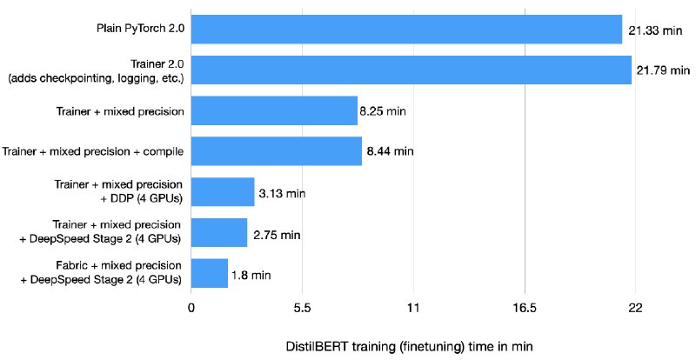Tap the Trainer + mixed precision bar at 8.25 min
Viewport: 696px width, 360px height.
pyautogui.click(x=274, y=110)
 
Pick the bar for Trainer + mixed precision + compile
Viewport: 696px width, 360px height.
pyautogui.click(x=276, y=151)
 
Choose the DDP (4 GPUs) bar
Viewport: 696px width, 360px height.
pyautogui.click(x=223, y=191)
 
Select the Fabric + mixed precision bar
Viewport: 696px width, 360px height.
pyautogui.click(x=210, y=273)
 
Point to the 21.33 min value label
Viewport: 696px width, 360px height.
pyautogui.click(x=651, y=30)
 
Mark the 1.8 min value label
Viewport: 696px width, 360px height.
pyautogui.click(x=251, y=275)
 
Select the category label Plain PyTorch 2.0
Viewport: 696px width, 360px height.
pyautogui.click(x=138, y=30)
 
